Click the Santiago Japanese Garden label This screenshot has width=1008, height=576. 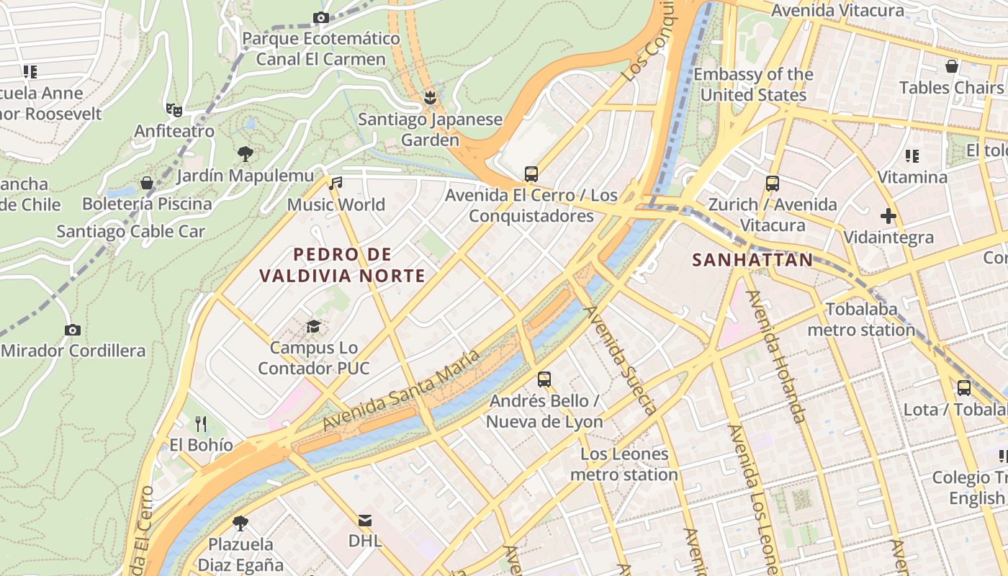tap(430, 130)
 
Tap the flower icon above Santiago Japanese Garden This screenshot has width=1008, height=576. tap(431, 96)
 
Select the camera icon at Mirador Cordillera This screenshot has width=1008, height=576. tap(73, 330)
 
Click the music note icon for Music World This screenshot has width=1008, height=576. tap(336, 183)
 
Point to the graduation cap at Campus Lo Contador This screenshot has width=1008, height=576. tap(313, 326)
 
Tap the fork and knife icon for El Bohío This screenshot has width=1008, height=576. tap(201, 423)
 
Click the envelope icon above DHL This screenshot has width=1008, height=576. tap(365, 520)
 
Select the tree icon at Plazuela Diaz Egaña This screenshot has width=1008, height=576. tap(240, 523)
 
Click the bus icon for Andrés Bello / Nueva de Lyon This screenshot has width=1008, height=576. tap(544, 379)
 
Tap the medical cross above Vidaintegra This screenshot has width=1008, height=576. tap(888, 215)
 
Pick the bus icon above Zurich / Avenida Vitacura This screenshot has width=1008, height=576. tap(773, 183)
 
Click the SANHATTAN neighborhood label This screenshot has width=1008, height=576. tap(752, 260)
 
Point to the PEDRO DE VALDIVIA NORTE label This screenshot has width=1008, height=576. tap(343, 265)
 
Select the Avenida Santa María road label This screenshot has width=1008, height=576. tap(401, 390)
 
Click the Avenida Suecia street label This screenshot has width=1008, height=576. tap(620, 360)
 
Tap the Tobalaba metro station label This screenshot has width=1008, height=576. tap(861, 320)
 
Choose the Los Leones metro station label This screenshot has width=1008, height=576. tap(624, 464)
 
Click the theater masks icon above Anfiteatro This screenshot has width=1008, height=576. tap(174, 109)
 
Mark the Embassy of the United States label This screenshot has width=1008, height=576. tap(753, 84)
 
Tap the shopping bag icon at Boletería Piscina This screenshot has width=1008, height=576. tap(147, 183)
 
